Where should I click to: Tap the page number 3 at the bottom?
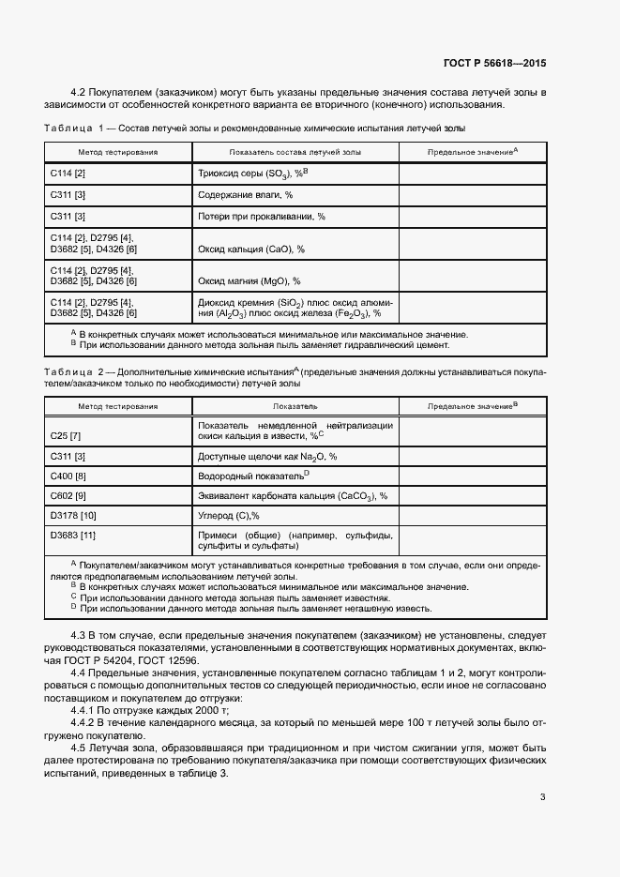[x=543, y=798]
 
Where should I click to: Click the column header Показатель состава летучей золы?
[x=295, y=151]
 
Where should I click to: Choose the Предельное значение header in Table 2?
[x=473, y=406]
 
